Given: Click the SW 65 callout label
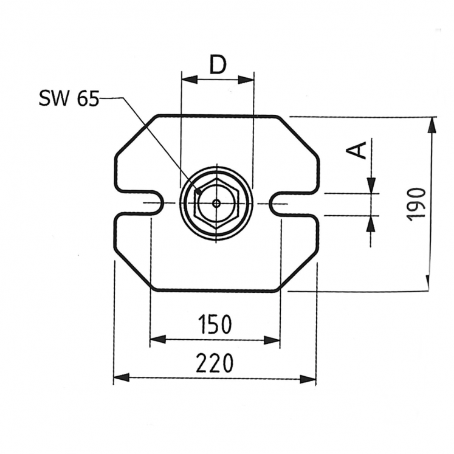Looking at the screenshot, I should click(68, 98).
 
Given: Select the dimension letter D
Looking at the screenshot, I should click(218, 64).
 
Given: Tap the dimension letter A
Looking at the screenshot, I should click(360, 149).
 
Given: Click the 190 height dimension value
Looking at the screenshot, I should click(417, 204).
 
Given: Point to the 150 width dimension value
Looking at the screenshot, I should click(215, 325).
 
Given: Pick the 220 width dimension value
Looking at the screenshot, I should click(215, 363).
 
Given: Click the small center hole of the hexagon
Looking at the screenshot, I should click(216, 204).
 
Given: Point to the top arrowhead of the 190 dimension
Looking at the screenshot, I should click(432, 125).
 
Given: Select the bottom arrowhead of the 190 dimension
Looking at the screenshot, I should click(428, 283).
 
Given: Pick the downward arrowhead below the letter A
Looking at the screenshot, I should click(372, 185).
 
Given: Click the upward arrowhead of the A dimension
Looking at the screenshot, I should click(371, 224).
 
